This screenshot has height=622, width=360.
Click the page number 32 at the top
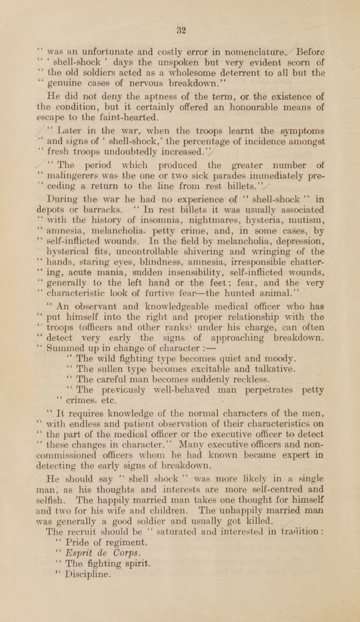(x=179, y=6)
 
